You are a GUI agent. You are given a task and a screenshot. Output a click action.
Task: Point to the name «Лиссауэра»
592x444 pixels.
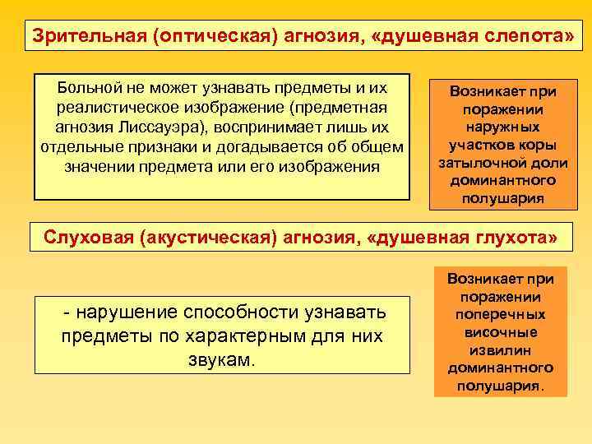click(188, 127)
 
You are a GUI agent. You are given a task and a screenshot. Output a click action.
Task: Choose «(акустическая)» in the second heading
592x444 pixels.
click(206, 238)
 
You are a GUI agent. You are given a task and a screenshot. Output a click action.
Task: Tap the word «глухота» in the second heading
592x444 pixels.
click(516, 238)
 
